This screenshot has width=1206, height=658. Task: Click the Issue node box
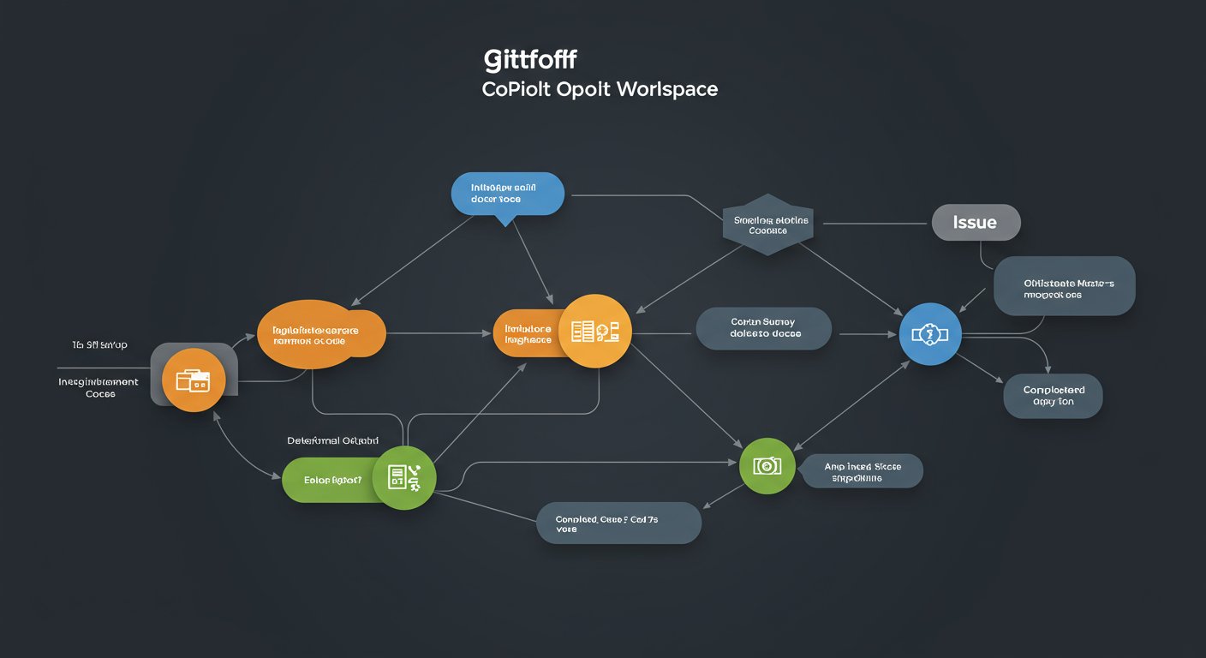(x=976, y=223)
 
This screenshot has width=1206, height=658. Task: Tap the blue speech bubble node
(x=507, y=194)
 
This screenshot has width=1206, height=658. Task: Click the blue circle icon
(x=930, y=333)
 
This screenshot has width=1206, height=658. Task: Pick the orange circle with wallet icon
(x=194, y=380)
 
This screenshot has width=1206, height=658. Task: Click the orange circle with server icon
(x=594, y=331)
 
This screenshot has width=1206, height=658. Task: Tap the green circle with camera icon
(x=767, y=465)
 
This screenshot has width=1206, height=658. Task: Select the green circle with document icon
(x=405, y=477)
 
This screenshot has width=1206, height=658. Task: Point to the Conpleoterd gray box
(x=1053, y=396)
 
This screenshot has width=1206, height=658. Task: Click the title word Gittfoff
(x=530, y=60)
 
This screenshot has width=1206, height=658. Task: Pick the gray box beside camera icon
(x=863, y=472)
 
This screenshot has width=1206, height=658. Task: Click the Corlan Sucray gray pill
(x=763, y=328)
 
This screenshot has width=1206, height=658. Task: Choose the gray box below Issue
(x=1065, y=287)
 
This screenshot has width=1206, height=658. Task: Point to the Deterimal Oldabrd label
(x=332, y=440)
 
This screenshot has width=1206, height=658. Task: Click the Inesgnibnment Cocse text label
(x=99, y=387)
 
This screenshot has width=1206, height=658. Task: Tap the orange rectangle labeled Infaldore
(x=528, y=333)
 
